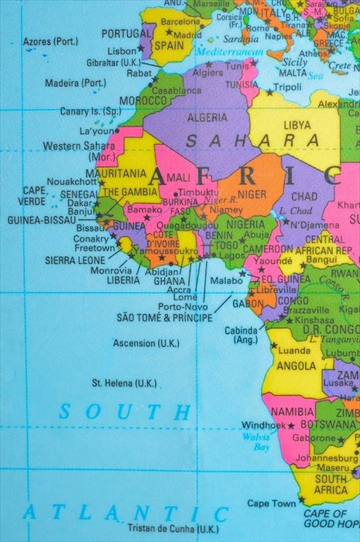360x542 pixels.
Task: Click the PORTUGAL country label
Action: coord(126,34)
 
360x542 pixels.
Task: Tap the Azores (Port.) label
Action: coord(50,41)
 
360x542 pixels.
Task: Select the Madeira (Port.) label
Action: coord(75,83)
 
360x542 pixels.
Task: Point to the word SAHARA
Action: coord(252,140)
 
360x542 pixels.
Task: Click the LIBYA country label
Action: coord(297,125)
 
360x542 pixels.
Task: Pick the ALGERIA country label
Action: coord(207,118)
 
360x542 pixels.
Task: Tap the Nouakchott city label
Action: coord(70,181)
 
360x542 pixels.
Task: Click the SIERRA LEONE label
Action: coord(74,261)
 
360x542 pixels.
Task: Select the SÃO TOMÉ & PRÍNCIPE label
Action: coord(164,317)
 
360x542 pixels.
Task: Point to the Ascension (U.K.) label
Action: coord(146,343)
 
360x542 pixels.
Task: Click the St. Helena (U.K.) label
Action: coord(124,382)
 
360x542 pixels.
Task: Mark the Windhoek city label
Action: coord(263,425)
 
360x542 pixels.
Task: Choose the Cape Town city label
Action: coord(271,503)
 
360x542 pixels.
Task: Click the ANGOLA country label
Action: coord(296,365)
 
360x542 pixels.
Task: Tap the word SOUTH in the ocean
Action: coord(125,411)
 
